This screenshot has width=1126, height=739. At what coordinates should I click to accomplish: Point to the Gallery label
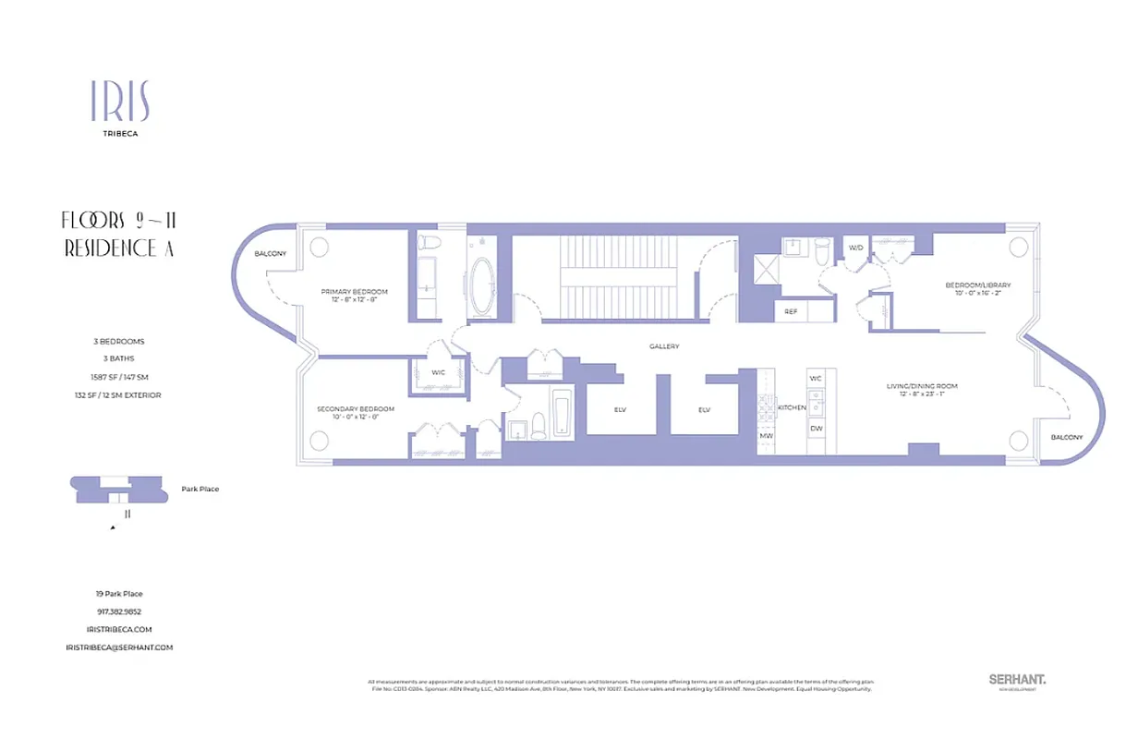click(663, 346)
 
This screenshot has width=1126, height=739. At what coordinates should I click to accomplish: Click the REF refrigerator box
click(791, 312)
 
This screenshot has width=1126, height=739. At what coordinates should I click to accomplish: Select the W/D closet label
click(855, 248)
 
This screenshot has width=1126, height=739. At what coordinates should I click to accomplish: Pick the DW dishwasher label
click(817, 428)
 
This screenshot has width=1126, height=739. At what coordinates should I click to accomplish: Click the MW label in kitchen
click(766, 435)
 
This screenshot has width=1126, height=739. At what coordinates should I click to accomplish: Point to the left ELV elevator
click(620, 409)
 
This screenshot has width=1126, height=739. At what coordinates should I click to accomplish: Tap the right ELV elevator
click(703, 409)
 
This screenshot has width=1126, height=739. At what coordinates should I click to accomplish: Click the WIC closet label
click(439, 373)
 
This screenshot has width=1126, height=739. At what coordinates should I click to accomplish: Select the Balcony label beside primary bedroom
click(271, 253)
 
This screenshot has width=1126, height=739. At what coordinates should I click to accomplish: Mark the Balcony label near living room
click(1066, 437)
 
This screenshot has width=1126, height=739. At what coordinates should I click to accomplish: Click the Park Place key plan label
click(200, 489)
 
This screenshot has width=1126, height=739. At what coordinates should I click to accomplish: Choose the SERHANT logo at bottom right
click(1017, 680)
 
